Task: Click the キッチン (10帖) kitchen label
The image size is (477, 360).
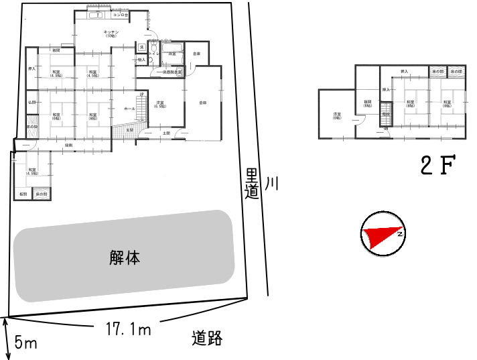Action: (111, 34)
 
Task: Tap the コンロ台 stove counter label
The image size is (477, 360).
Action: (120, 14)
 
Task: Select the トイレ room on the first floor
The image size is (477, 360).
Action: (153, 53)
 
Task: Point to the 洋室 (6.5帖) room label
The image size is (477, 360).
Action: (160, 104)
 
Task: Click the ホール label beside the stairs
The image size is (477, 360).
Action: (129, 108)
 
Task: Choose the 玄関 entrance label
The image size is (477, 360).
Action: (131, 129)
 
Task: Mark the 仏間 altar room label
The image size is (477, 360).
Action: (31, 102)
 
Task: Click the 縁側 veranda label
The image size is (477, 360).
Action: (68, 145)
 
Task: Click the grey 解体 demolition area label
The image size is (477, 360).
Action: (125, 257)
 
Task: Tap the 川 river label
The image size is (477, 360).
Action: (271, 184)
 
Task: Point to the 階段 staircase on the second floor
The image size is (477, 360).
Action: (385, 115)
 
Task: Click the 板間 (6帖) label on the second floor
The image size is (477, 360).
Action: (367, 104)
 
